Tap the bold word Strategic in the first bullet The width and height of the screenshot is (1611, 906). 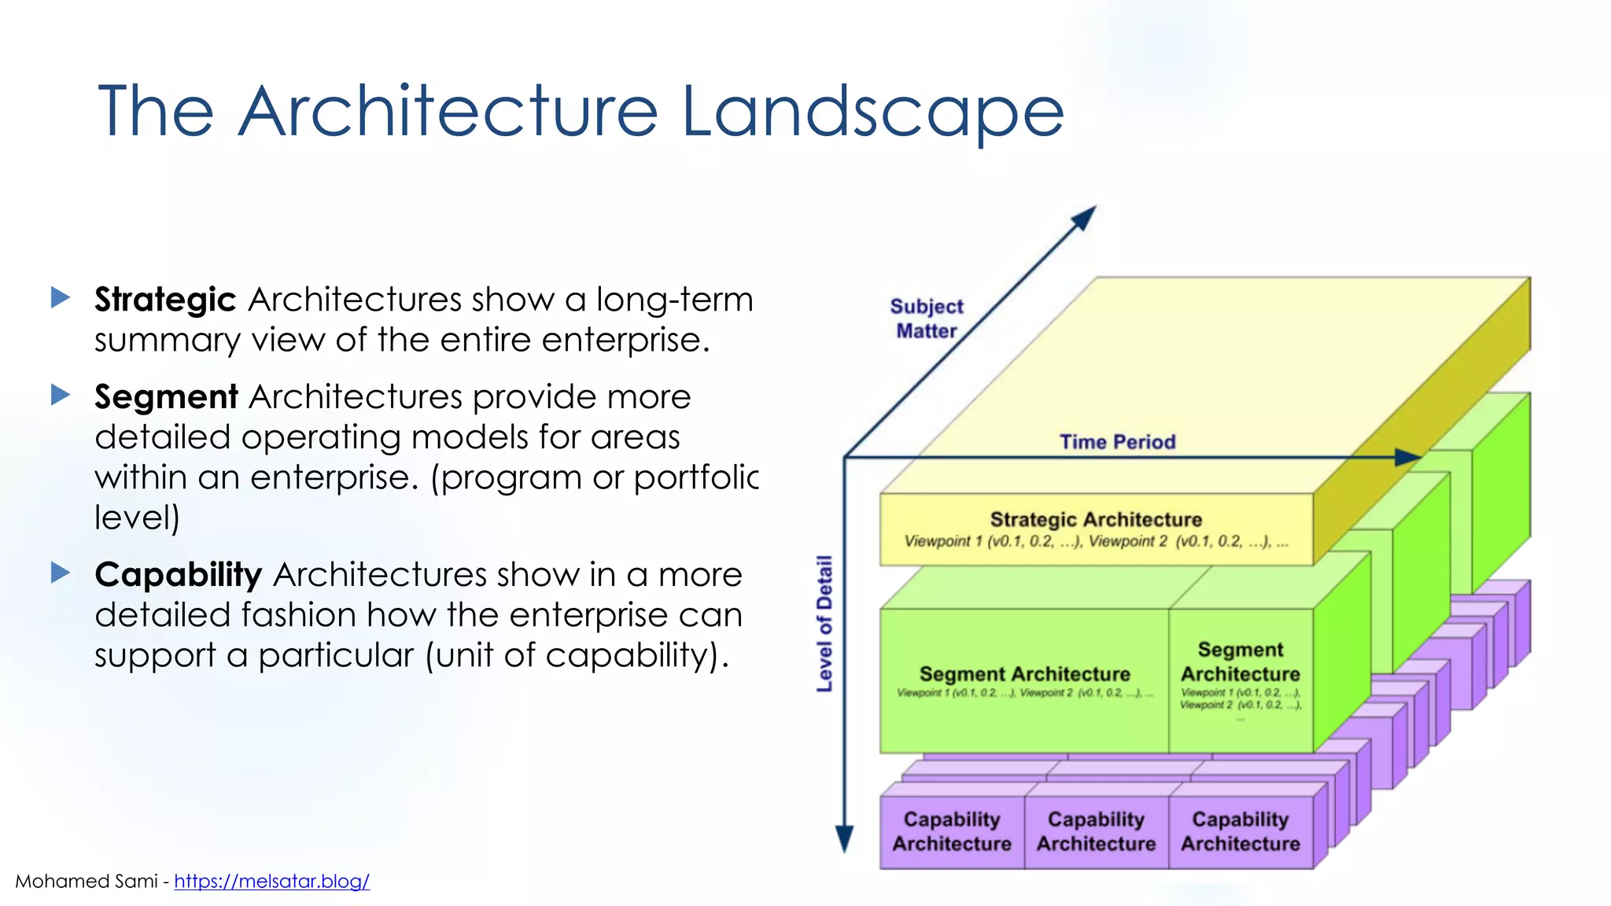tap(165, 300)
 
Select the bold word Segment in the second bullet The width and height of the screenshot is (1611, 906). tap(166, 396)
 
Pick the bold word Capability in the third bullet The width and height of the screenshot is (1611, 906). tap(178, 575)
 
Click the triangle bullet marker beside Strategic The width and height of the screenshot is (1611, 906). tap(61, 297)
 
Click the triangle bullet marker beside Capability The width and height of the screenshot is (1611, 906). tap(61, 573)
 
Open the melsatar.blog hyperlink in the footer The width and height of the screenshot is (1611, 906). tap(271, 881)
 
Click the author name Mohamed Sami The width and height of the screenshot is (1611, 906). tap(87, 881)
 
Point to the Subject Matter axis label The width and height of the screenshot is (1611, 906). tap(927, 319)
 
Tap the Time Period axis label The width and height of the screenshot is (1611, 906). tap(1117, 442)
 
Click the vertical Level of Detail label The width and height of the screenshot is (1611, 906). tap(824, 624)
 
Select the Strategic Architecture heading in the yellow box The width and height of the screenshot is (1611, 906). tap(1096, 520)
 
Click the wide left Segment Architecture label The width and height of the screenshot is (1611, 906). tap(1024, 674)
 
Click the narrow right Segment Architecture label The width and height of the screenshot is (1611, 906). tap(1241, 662)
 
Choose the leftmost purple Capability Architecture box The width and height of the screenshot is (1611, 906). tap(952, 831)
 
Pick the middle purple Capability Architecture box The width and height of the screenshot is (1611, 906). tap(1096, 831)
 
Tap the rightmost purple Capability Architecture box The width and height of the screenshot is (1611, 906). tap(1241, 831)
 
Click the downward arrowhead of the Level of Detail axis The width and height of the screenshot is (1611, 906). tap(844, 839)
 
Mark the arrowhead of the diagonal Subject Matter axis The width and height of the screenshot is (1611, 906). tap(1086, 216)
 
